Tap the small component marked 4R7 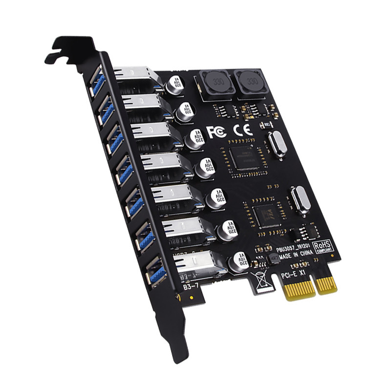[x=268, y=258]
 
